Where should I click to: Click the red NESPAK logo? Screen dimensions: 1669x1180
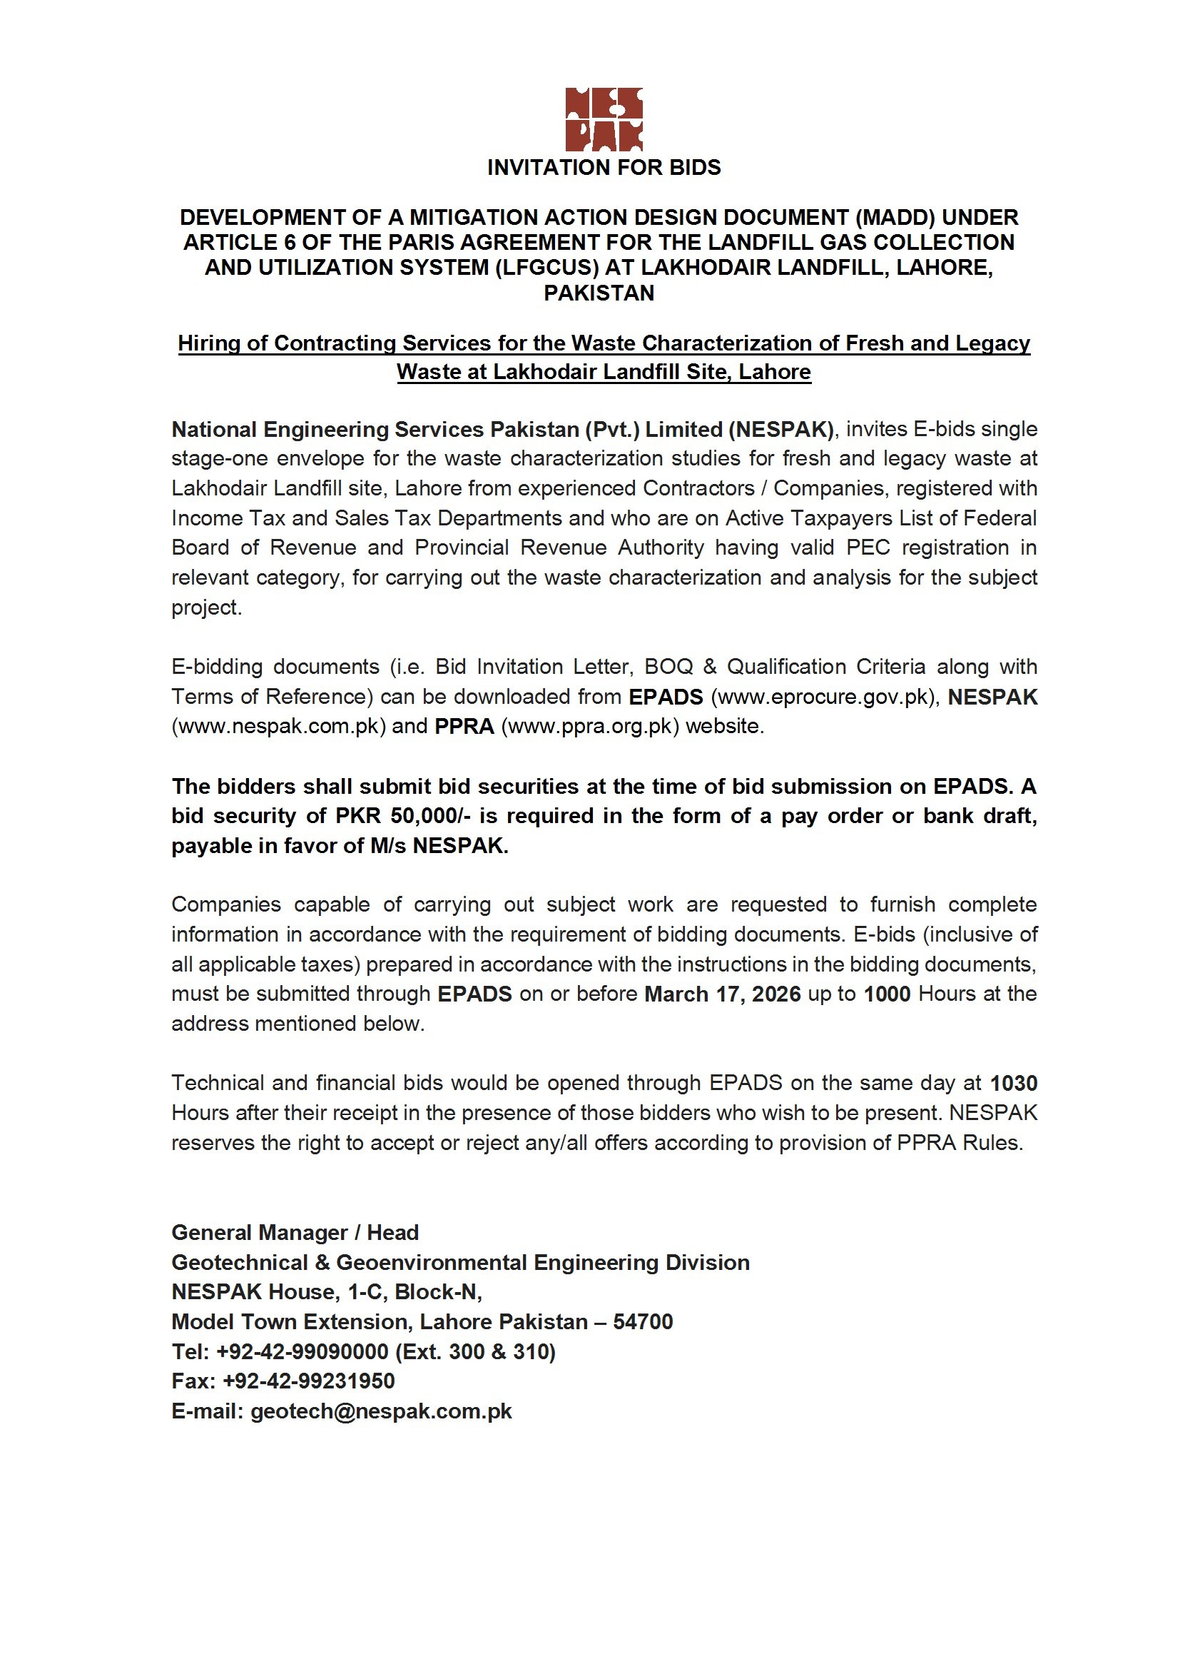[x=604, y=119]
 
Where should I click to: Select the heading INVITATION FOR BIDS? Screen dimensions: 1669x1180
[x=604, y=168]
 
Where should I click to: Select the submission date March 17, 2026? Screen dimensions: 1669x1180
[x=722, y=994]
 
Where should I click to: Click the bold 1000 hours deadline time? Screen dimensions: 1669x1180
[x=887, y=994]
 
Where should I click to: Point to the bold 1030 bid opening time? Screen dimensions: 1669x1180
[x=1014, y=1084]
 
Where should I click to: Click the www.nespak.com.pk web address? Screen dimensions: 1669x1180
[x=278, y=727]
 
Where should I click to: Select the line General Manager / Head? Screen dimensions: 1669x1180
[x=295, y=1233]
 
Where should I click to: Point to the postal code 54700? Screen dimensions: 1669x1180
[x=643, y=1322]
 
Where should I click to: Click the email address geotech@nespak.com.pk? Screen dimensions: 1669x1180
[x=382, y=1412]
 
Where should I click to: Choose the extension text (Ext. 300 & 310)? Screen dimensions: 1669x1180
[x=476, y=1352]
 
